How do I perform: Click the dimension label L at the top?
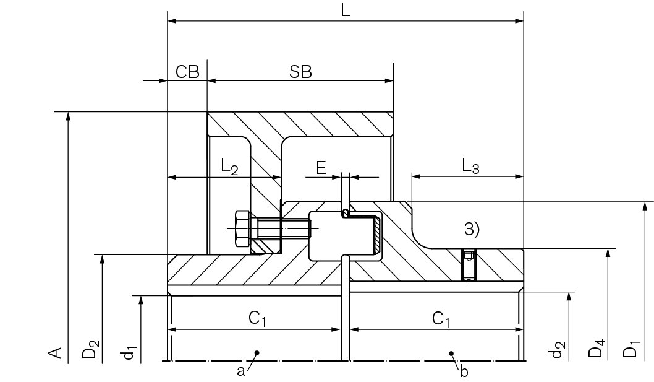pos(346,10)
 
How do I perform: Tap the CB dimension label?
pos(187,72)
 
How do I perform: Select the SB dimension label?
pos(300,72)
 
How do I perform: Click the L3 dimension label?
pos(470,166)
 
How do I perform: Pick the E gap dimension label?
pos(321,167)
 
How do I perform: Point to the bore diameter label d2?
pos(558,351)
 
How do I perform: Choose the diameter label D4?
pos(596,350)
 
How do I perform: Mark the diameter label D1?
pos(631,350)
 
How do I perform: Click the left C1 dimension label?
pos(257,319)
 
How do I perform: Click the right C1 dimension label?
pos(441,319)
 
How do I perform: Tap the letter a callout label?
pos(240,371)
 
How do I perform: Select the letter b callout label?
pos(464,371)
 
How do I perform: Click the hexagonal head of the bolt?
pos(242,230)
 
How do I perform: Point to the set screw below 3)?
pos(469,265)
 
